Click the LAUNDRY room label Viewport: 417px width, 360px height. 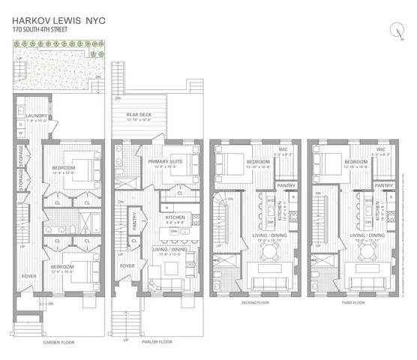pyautogui.click(x=37, y=115)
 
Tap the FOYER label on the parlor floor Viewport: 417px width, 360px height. pyautogui.click(x=127, y=265)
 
